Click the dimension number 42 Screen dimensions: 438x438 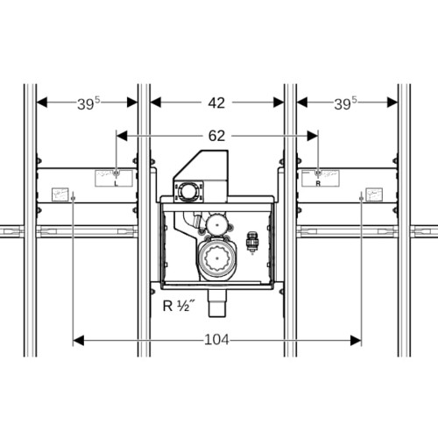(216, 103)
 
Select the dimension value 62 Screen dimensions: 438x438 (216, 136)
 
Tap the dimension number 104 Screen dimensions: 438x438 (216, 340)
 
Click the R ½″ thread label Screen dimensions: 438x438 (179, 306)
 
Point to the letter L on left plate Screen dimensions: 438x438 (117, 184)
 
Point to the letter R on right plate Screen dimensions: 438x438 (318, 183)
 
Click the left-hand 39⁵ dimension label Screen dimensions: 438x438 (88, 103)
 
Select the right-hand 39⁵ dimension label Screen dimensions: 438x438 (345, 103)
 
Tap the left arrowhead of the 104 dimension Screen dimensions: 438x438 (78, 340)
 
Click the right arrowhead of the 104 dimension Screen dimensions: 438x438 (356, 340)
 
